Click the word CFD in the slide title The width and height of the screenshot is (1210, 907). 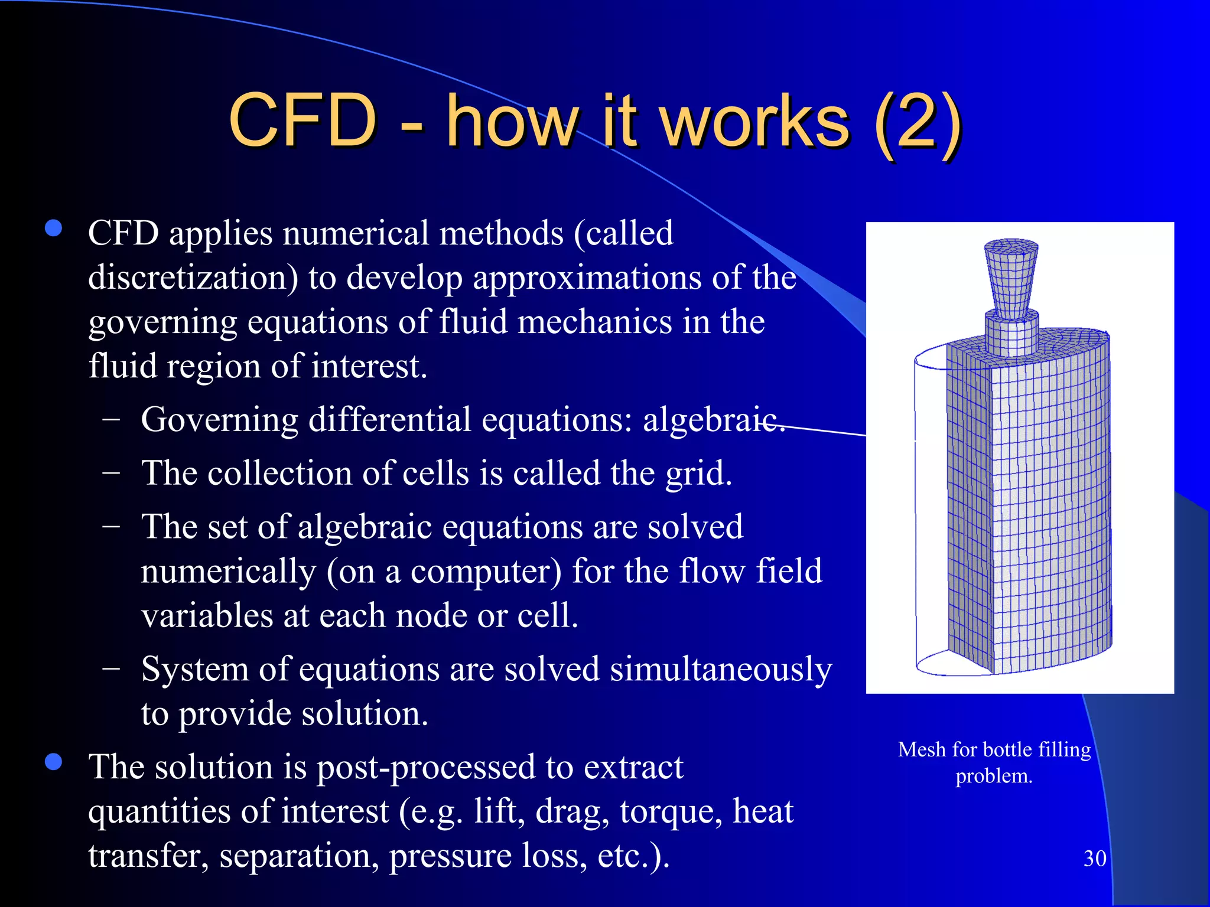pos(302,121)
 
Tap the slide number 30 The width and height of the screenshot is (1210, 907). pos(1095,859)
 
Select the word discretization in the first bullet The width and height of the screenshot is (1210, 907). pos(193,278)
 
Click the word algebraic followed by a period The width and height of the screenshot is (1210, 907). pos(714,420)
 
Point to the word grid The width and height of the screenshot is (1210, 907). pos(698,474)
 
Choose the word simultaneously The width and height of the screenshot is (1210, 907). pos(721,670)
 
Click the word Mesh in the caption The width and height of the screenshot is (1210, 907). pos(922,749)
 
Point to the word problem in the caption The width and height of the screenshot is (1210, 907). pos(994,776)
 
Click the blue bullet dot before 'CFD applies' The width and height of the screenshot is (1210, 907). pos(54,229)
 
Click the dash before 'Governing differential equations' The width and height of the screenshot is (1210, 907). pos(111,419)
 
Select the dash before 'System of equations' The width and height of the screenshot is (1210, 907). pos(111,669)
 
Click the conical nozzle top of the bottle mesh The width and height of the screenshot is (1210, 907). pos(1011,278)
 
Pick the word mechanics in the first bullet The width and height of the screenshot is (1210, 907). pos(594,322)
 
